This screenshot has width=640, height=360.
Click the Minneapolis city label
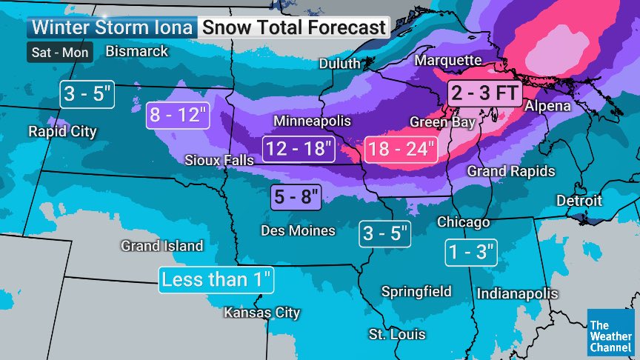pyautogui.click(x=312, y=121)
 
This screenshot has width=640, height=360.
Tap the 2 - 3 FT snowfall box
pyautogui.click(x=485, y=93)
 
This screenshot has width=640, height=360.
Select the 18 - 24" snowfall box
pyautogui.click(x=401, y=149)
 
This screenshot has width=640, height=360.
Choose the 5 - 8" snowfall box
pyautogui.click(x=295, y=197)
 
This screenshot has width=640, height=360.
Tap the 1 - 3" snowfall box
pyautogui.click(x=472, y=252)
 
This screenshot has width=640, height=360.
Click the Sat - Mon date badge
pyautogui.click(x=61, y=53)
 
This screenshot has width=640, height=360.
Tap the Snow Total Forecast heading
pyautogui.click(x=294, y=28)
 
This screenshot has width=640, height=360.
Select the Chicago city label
pyautogui.click(x=463, y=222)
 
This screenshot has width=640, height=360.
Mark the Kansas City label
pyautogui.click(x=262, y=313)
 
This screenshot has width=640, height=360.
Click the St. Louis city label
pyautogui.click(x=397, y=335)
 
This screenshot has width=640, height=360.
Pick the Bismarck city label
pyautogui.click(x=137, y=51)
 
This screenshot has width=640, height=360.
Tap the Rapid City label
pyautogui.click(x=62, y=132)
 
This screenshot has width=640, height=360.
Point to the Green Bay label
pyautogui.click(x=442, y=121)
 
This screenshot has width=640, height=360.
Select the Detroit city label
pyautogui.click(x=579, y=201)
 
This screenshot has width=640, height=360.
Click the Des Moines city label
pyautogui.click(x=298, y=230)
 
